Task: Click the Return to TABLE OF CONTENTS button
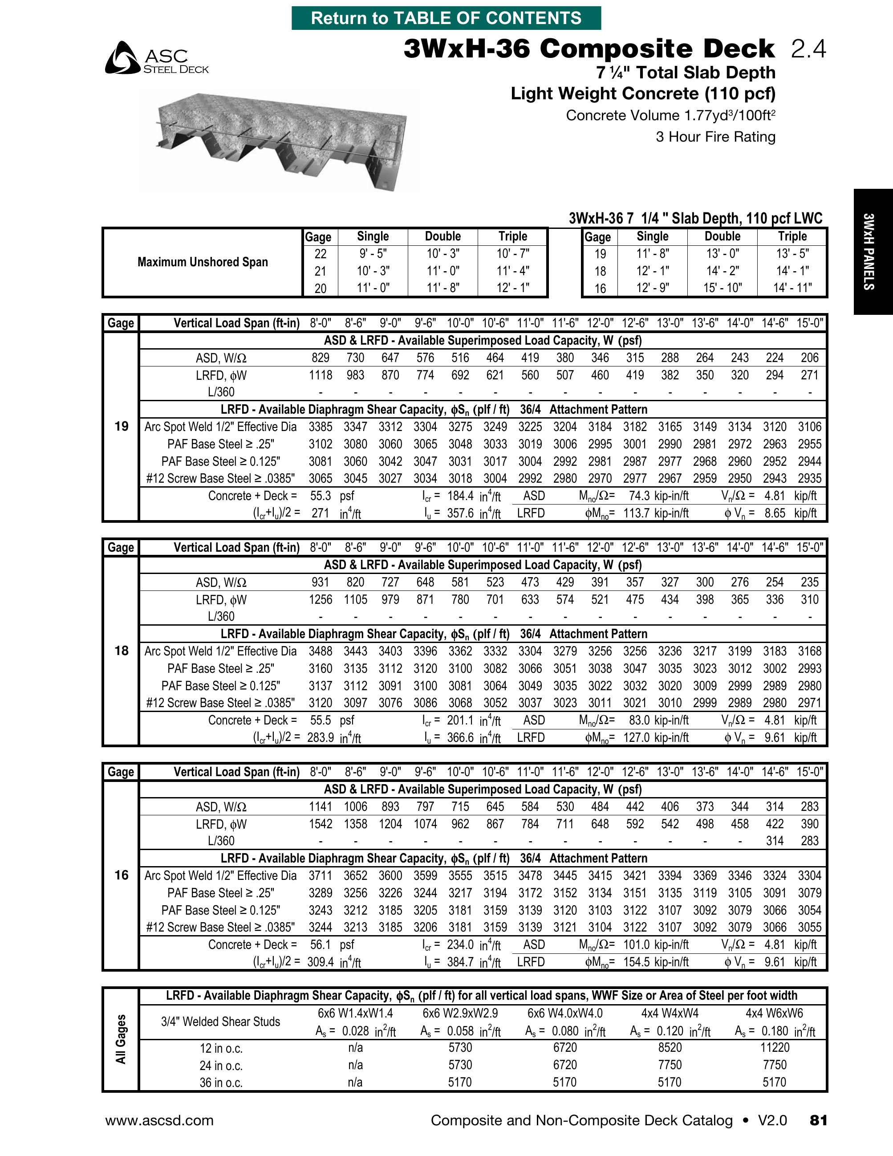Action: tap(446, 18)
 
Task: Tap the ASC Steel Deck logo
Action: tap(157, 58)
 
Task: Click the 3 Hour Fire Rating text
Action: tap(715, 137)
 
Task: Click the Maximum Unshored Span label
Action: tap(203, 262)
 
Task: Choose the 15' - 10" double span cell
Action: tap(722, 288)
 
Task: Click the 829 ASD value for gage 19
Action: tap(320, 358)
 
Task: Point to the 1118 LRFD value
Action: tap(320, 375)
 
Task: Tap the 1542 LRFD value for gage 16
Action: tap(320, 824)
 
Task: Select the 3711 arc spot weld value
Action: tap(320, 876)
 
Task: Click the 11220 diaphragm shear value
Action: tap(775, 1047)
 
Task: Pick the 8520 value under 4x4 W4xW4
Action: tap(669, 1047)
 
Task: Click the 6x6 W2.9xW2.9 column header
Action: tap(460, 1013)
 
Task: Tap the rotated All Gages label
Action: tap(121, 1039)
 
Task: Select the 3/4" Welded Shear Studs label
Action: tap(221, 1022)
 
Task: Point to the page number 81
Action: tap(818, 1120)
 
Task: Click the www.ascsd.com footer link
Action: tap(159, 1120)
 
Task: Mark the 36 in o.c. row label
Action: tap(221, 1083)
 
